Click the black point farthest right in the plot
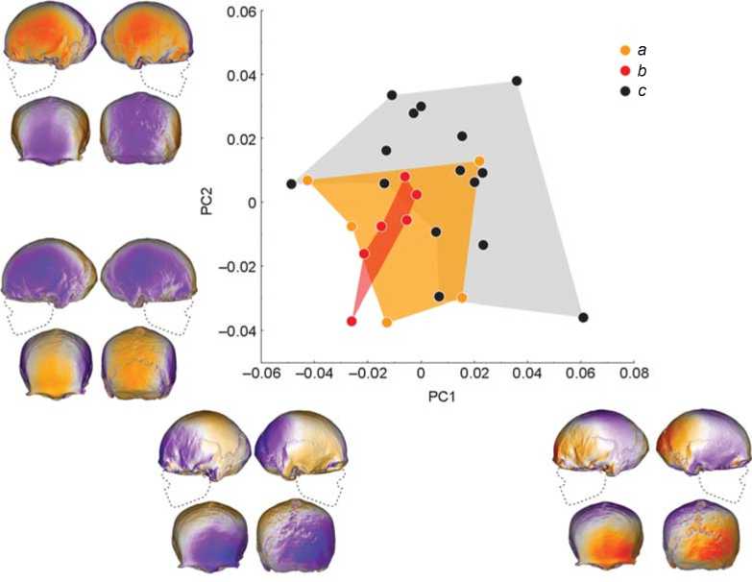tap(583, 317)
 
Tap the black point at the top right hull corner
tap(517, 81)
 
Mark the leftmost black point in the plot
tap(291, 183)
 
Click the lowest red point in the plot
tap(352, 322)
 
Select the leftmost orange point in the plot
tap(307, 180)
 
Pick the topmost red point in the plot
tap(405, 177)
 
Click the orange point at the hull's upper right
tap(479, 161)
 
